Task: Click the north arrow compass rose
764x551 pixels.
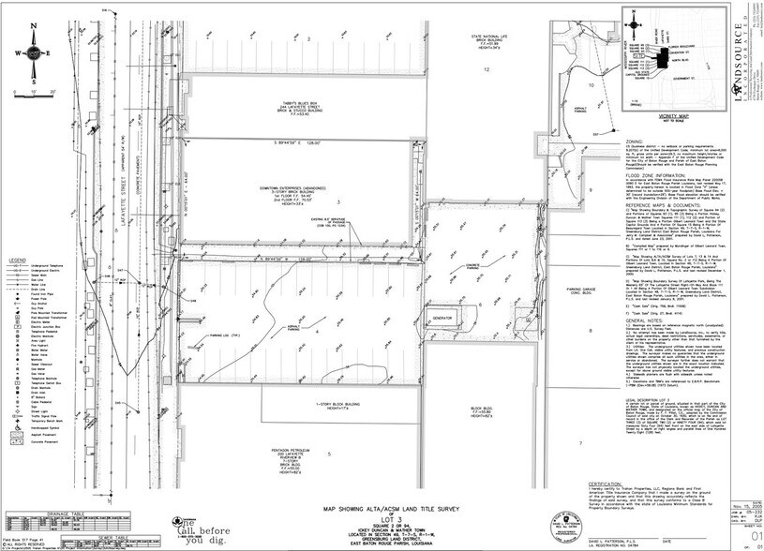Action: click(x=33, y=52)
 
